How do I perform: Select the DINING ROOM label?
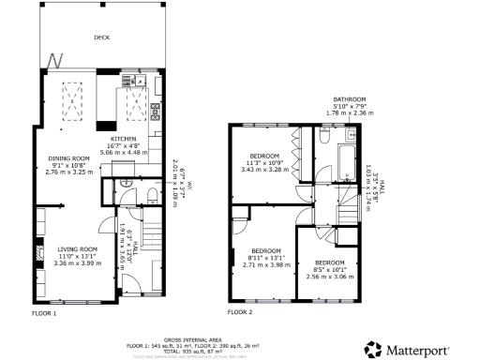pyautogui.click(x=67, y=157)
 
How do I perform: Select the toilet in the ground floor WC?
pyautogui.click(x=151, y=194)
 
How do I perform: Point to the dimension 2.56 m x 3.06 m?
pyautogui.click(x=329, y=277)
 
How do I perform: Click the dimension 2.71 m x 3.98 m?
pyautogui.click(x=265, y=264)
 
